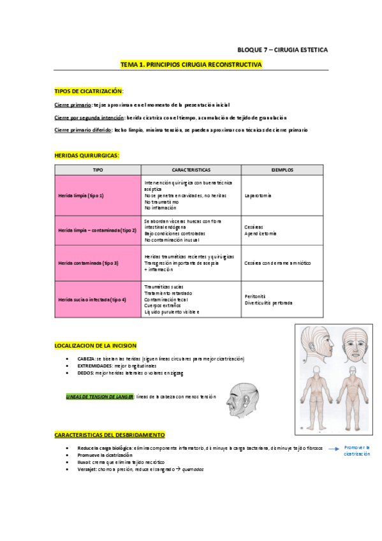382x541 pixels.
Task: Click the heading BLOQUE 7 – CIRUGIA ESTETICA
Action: point(282,49)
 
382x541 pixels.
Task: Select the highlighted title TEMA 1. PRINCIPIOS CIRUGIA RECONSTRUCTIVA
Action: point(191,64)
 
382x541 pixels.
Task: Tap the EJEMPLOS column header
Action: point(283,170)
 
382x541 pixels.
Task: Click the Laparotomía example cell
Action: point(258,195)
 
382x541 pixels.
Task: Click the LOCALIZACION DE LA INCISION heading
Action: point(96,345)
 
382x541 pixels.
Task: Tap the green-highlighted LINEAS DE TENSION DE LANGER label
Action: point(100,396)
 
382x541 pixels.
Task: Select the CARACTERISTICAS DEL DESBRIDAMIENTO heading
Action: point(110,434)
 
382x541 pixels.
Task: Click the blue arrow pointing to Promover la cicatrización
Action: point(333,448)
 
